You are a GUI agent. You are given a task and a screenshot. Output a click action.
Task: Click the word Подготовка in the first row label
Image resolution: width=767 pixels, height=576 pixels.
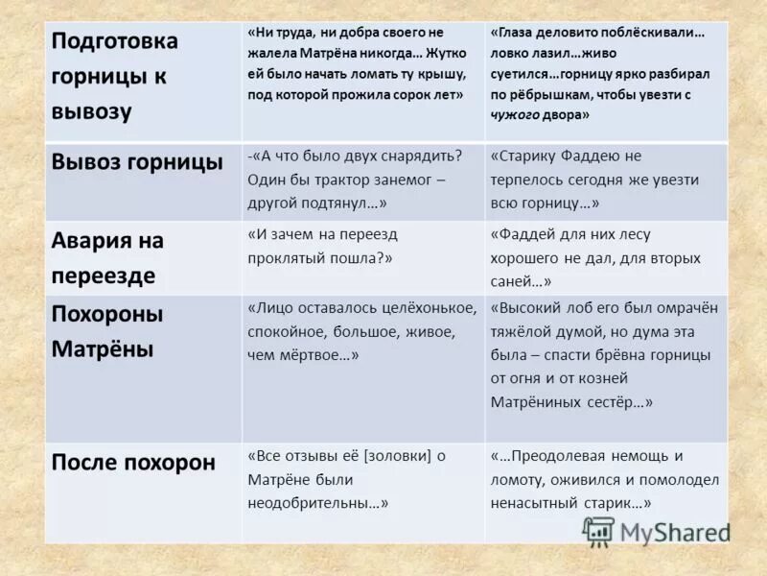coord(114,41)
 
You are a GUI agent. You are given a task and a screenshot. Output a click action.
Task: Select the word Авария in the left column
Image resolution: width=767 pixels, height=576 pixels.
coord(91,240)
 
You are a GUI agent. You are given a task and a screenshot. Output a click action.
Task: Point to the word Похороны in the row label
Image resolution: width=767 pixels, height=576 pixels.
coord(106,314)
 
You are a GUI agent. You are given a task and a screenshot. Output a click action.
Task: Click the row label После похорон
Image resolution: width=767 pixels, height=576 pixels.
coord(132,462)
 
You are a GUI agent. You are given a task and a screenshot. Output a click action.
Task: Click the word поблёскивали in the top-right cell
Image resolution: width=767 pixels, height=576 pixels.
coord(649,32)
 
